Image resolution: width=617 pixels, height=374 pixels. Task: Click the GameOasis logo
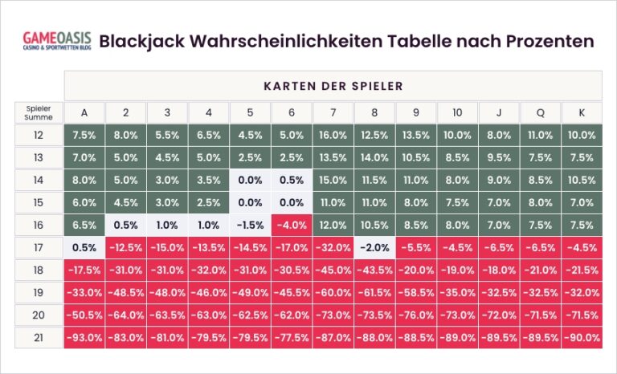[x=56, y=41]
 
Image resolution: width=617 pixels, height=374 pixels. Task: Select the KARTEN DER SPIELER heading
[x=333, y=85]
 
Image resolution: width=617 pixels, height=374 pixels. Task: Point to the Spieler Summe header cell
[x=39, y=112]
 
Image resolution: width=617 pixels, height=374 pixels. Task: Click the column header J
[x=499, y=112]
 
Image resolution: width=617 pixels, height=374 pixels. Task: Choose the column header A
[x=84, y=112]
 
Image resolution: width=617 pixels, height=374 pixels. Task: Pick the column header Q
[x=540, y=112]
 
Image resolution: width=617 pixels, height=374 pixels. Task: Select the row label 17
[x=39, y=248]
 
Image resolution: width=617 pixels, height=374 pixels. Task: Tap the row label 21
[x=39, y=338]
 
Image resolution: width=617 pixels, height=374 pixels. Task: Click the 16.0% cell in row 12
[x=333, y=136]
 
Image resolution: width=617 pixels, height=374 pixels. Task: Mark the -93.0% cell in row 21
[x=84, y=338]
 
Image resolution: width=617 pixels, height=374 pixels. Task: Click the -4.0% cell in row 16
[x=292, y=226]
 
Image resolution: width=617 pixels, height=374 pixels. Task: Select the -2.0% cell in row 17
[x=374, y=248]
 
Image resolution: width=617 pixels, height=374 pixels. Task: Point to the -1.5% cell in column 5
[x=250, y=226]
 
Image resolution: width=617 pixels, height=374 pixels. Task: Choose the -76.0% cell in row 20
[x=416, y=315]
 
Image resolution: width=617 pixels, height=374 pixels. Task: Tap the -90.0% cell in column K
[x=582, y=338]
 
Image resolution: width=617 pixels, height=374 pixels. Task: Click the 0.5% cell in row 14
[x=292, y=181]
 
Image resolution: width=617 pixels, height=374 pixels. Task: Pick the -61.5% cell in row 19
[x=374, y=293]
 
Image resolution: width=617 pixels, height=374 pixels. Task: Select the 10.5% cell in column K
[x=582, y=181]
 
